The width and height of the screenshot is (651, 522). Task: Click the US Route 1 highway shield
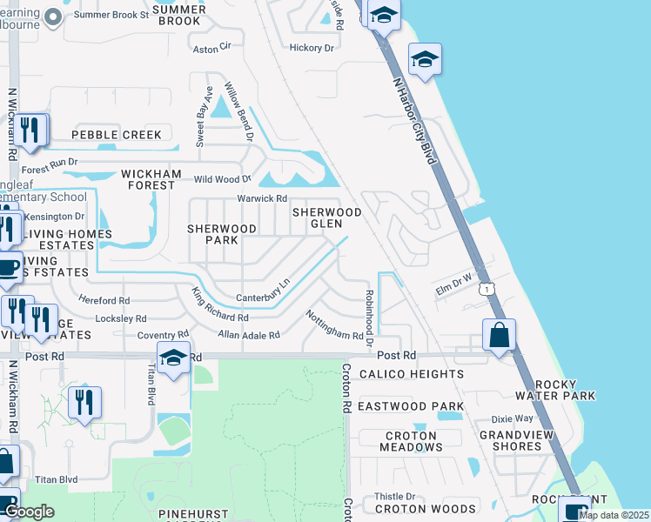489,286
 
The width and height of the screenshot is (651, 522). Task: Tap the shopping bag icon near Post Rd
499,335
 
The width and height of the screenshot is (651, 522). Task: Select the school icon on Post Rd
173,358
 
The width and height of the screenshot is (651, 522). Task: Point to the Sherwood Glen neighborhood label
326,217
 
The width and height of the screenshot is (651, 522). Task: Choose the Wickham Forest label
151,179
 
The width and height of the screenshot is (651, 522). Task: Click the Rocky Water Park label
565,390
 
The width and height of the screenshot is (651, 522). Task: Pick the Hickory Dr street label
312,48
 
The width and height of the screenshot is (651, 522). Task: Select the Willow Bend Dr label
238,112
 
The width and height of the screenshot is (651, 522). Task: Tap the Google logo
29,512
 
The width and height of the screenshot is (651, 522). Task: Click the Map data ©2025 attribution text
614,515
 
